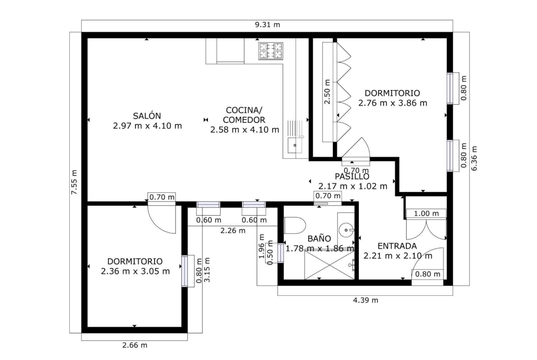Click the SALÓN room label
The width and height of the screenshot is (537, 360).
click(x=147, y=116)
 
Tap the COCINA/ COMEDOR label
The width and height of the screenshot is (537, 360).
click(x=244, y=115)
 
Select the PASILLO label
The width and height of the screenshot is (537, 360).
click(x=352, y=177)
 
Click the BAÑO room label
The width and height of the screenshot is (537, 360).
click(x=319, y=238)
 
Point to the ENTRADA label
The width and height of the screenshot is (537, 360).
click(x=397, y=246)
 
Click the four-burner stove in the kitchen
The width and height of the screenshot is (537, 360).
click(x=271, y=50)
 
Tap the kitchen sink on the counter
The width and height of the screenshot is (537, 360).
click(x=295, y=145)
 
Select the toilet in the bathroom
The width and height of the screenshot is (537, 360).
click(x=295, y=226)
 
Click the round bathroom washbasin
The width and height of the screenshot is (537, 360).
click(x=346, y=230)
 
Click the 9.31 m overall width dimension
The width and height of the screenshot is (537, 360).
click(x=268, y=25)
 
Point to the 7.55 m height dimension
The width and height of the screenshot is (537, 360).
click(x=74, y=182)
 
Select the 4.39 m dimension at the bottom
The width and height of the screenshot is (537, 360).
click(x=366, y=300)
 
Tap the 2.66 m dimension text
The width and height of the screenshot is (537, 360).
click(x=135, y=345)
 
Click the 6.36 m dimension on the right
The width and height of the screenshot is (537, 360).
click(x=474, y=158)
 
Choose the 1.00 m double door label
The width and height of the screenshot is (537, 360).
click(x=426, y=214)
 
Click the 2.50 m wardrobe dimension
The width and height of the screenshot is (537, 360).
click(x=327, y=92)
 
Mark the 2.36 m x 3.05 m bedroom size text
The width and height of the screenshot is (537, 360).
click(x=135, y=271)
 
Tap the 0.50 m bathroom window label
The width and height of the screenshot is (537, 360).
click(x=270, y=253)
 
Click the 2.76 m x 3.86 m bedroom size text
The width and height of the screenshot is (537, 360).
click(x=393, y=103)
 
